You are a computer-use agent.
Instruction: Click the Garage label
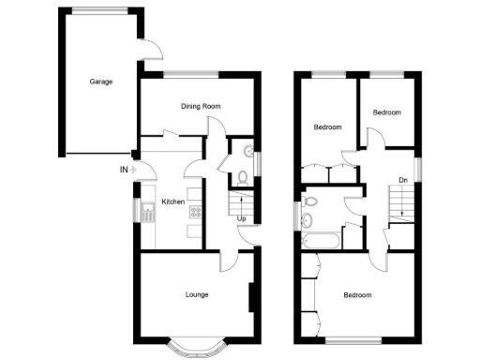(101, 82)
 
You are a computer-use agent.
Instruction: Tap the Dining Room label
(201, 106)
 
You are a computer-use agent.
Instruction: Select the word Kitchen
(173, 202)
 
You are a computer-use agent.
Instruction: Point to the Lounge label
(196, 294)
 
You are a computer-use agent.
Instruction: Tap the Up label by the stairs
(242, 218)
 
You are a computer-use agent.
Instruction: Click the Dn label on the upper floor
(403, 180)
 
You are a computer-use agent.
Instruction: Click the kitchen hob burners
(194, 215)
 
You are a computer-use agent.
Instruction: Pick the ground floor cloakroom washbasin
(247, 151)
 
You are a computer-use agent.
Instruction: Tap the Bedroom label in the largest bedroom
(356, 295)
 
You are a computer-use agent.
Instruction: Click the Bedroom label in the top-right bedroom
(386, 112)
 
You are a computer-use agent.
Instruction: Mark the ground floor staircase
(241, 202)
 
